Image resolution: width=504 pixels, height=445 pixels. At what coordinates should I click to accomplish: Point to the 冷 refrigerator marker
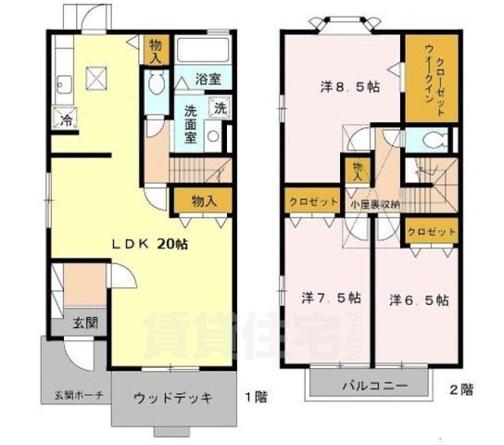pyautogui.click(x=67, y=120)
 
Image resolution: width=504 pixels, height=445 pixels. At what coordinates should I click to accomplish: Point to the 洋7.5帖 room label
pyautogui.click(x=329, y=299)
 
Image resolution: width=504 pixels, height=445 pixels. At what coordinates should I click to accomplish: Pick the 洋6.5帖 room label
pyautogui.click(x=419, y=299)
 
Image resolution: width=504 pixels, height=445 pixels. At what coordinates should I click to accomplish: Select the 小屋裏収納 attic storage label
pyautogui.click(x=374, y=204)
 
